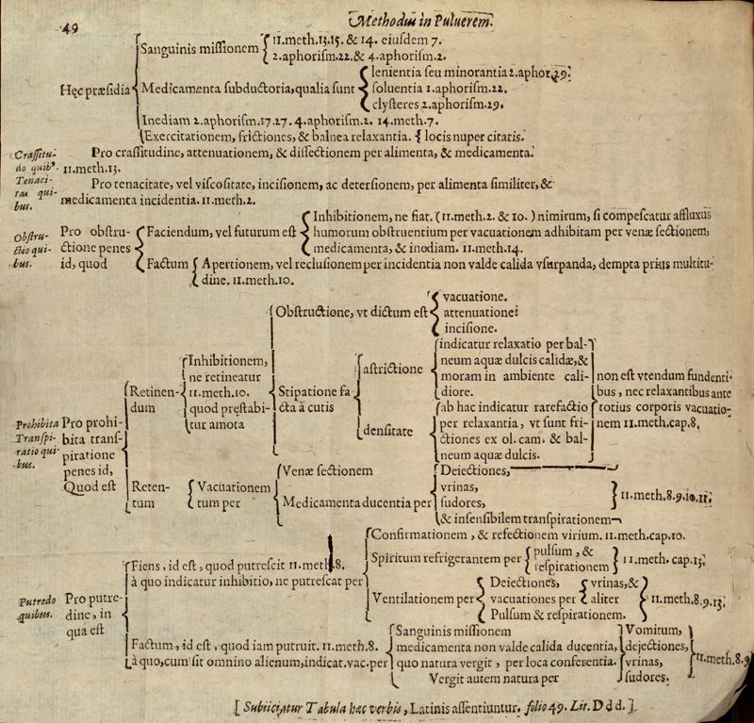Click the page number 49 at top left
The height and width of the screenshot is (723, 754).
coord(69,27)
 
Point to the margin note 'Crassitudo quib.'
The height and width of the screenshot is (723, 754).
coord(35,158)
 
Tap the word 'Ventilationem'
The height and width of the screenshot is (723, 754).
coord(416,597)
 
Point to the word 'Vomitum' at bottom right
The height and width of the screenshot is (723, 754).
coord(651,630)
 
